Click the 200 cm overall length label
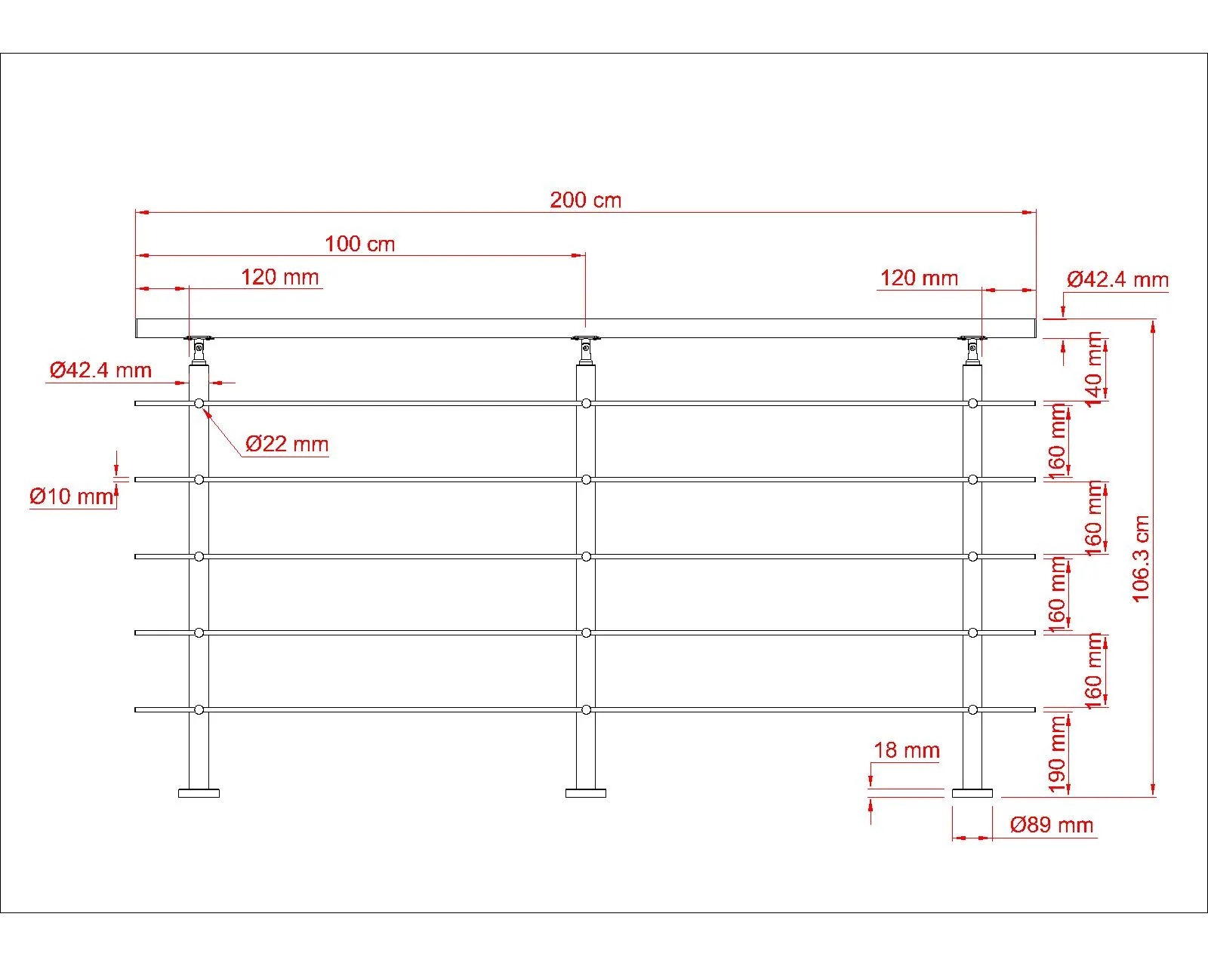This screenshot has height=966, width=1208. coord(585,200)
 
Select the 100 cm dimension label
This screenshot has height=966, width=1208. coord(359,244)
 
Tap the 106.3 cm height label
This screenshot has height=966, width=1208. coord(1141,558)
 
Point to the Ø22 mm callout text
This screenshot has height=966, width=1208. coord(287,444)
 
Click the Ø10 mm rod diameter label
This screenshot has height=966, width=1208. coord(71,497)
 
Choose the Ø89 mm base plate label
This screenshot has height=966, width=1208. coord(1052,825)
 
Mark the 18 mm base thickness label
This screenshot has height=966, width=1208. coord(906,750)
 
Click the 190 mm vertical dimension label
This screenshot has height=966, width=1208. coord(1058,755)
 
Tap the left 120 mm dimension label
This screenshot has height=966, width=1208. coord(279,277)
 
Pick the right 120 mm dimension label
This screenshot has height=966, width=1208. coord(918,278)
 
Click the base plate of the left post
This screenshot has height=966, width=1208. coord(199,793)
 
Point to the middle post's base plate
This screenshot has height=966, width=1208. coord(586,793)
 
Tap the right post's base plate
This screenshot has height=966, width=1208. coord(972,793)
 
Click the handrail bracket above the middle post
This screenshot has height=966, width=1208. coord(586,349)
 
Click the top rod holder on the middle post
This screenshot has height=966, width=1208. coord(586,404)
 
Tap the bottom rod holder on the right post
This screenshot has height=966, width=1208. coord(972,709)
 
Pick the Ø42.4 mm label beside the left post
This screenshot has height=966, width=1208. coord(100,370)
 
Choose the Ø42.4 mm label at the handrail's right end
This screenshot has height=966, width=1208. coord(1117,279)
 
